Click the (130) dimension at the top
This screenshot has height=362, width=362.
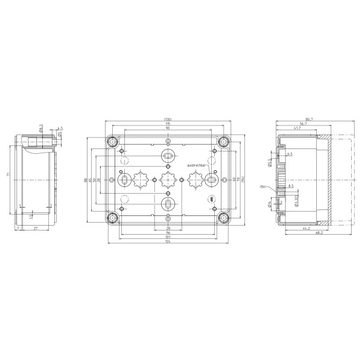pyautogui.click(x=167, y=119)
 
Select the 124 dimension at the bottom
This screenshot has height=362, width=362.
pyautogui.click(x=167, y=243)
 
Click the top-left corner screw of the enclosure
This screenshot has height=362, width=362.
pyautogui.click(x=112, y=142)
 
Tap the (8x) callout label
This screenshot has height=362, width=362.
pyautogui.click(x=263, y=187)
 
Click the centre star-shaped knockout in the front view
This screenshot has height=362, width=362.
pyautogui.click(x=167, y=179)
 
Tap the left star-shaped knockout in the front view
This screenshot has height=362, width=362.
pyautogui.click(x=140, y=179)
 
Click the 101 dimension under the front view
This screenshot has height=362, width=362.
pyautogui.click(x=167, y=237)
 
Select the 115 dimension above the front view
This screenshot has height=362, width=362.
pyautogui.click(x=167, y=124)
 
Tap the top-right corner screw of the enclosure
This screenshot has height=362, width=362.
pyautogui.click(x=223, y=142)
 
